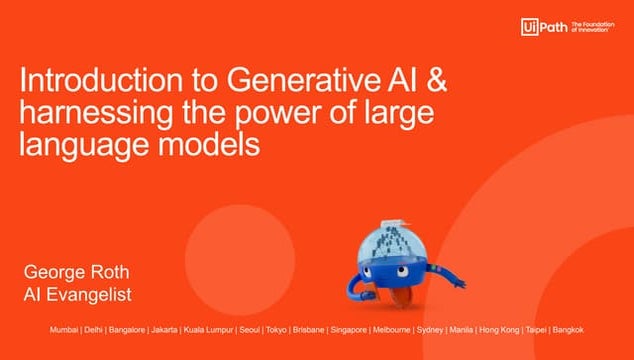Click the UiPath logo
[542, 27]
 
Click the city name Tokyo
[276, 330]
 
